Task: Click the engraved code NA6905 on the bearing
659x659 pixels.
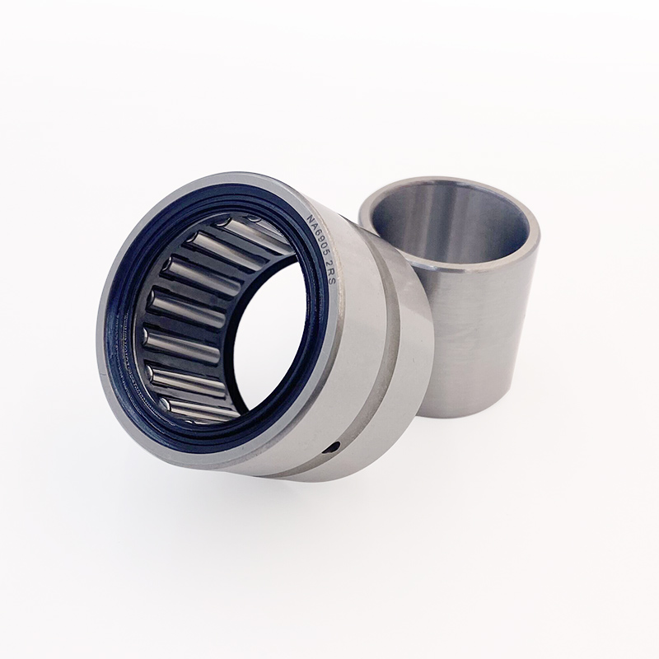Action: pos(317,236)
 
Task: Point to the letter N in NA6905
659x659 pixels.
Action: pos(311,219)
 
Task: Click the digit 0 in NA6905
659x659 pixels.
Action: pos(321,247)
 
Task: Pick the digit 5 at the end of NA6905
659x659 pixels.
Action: pos(324,255)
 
